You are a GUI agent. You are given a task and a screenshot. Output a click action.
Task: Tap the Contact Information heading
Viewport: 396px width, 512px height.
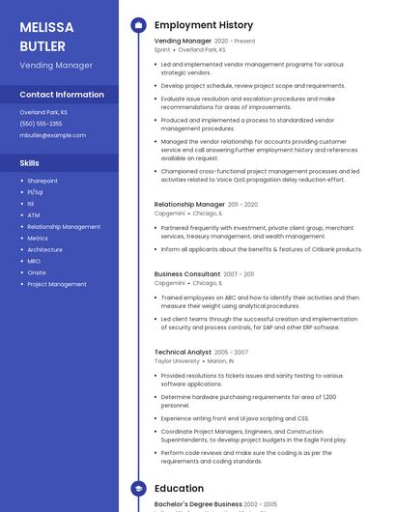point(62,95)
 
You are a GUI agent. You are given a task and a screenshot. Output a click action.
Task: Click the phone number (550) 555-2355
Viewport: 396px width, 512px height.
point(41,124)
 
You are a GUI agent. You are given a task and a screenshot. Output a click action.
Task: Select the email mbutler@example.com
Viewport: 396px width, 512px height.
point(52,135)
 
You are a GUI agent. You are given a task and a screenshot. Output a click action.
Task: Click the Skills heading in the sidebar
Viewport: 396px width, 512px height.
point(30,163)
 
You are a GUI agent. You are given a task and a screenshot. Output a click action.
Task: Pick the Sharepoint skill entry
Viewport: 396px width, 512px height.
point(42,181)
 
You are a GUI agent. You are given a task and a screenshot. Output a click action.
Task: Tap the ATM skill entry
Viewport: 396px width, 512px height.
point(34,215)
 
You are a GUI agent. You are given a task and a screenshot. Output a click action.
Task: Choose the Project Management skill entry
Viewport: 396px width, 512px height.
point(57,284)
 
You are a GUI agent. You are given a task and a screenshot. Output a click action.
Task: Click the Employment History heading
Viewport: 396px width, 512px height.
point(204,25)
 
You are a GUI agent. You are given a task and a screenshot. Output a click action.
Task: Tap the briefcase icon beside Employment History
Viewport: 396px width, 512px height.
point(138,25)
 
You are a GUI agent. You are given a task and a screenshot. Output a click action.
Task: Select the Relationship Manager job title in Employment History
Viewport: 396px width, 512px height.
point(189,205)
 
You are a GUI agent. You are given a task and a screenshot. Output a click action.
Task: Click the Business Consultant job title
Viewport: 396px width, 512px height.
point(187,274)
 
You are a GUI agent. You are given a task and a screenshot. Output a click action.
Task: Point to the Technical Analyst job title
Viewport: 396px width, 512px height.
point(183,353)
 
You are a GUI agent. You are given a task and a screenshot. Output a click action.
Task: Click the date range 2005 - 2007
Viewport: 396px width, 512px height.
point(231,353)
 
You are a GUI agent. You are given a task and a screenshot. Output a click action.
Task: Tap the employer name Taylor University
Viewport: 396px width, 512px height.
point(177,361)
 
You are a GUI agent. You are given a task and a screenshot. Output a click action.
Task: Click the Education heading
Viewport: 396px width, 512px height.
point(180,489)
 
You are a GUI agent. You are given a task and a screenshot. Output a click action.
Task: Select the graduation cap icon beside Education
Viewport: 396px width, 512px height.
point(138,489)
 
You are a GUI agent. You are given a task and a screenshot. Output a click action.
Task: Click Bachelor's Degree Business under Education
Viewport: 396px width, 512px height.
point(198,504)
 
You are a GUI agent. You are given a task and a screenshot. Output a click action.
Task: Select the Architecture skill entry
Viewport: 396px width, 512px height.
point(44,249)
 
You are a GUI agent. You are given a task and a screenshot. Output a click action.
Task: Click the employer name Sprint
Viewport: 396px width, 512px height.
point(162,49)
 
